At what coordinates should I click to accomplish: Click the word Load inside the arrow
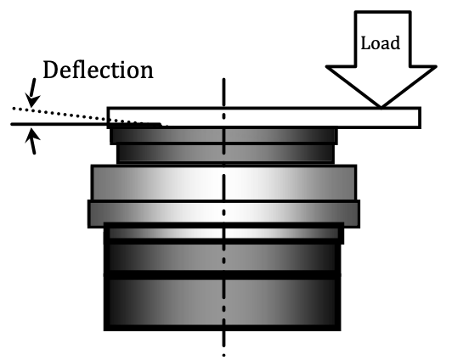point(381,43)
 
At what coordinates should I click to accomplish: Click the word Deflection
point(98,70)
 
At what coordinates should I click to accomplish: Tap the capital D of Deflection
point(51,70)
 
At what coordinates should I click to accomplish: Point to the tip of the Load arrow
point(381,108)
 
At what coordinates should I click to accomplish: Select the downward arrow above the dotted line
point(32,93)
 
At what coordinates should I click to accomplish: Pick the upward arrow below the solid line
point(32,141)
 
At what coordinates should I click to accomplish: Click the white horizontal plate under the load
point(263,117)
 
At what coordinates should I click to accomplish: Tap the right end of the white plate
point(421,117)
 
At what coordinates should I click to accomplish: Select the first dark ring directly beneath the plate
point(223,136)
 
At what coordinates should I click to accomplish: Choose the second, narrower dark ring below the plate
point(225,154)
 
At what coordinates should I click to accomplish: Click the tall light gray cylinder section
point(223,183)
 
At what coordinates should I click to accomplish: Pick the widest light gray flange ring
point(223,214)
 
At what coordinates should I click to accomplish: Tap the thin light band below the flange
point(223,233)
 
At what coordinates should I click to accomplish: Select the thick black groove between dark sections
point(223,275)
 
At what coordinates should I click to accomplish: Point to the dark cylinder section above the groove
point(223,257)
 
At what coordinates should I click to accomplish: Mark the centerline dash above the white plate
point(223,93)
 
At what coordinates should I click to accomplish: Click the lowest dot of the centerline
point(223,356)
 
